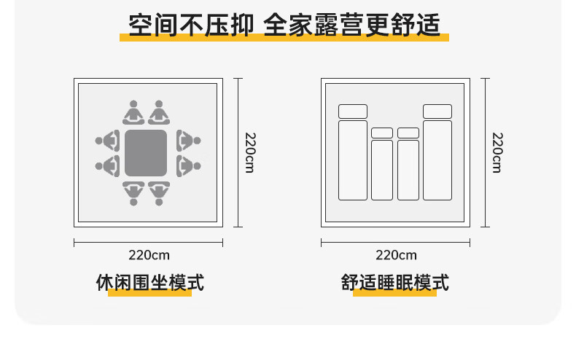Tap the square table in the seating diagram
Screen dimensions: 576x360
146,152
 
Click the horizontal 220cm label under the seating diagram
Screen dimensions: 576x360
149,255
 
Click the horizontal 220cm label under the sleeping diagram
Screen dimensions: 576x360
396,255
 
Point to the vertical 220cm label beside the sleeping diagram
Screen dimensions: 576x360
497,152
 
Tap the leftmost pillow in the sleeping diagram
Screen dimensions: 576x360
353,111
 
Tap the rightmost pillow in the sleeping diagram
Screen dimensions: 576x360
437,111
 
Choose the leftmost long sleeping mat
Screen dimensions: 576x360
353,160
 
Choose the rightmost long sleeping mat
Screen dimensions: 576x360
437,160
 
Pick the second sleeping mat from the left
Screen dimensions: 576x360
382,170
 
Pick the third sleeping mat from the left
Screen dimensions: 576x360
408,170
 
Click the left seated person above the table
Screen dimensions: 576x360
133,113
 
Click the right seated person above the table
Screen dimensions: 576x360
159,113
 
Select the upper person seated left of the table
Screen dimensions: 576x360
108,139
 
